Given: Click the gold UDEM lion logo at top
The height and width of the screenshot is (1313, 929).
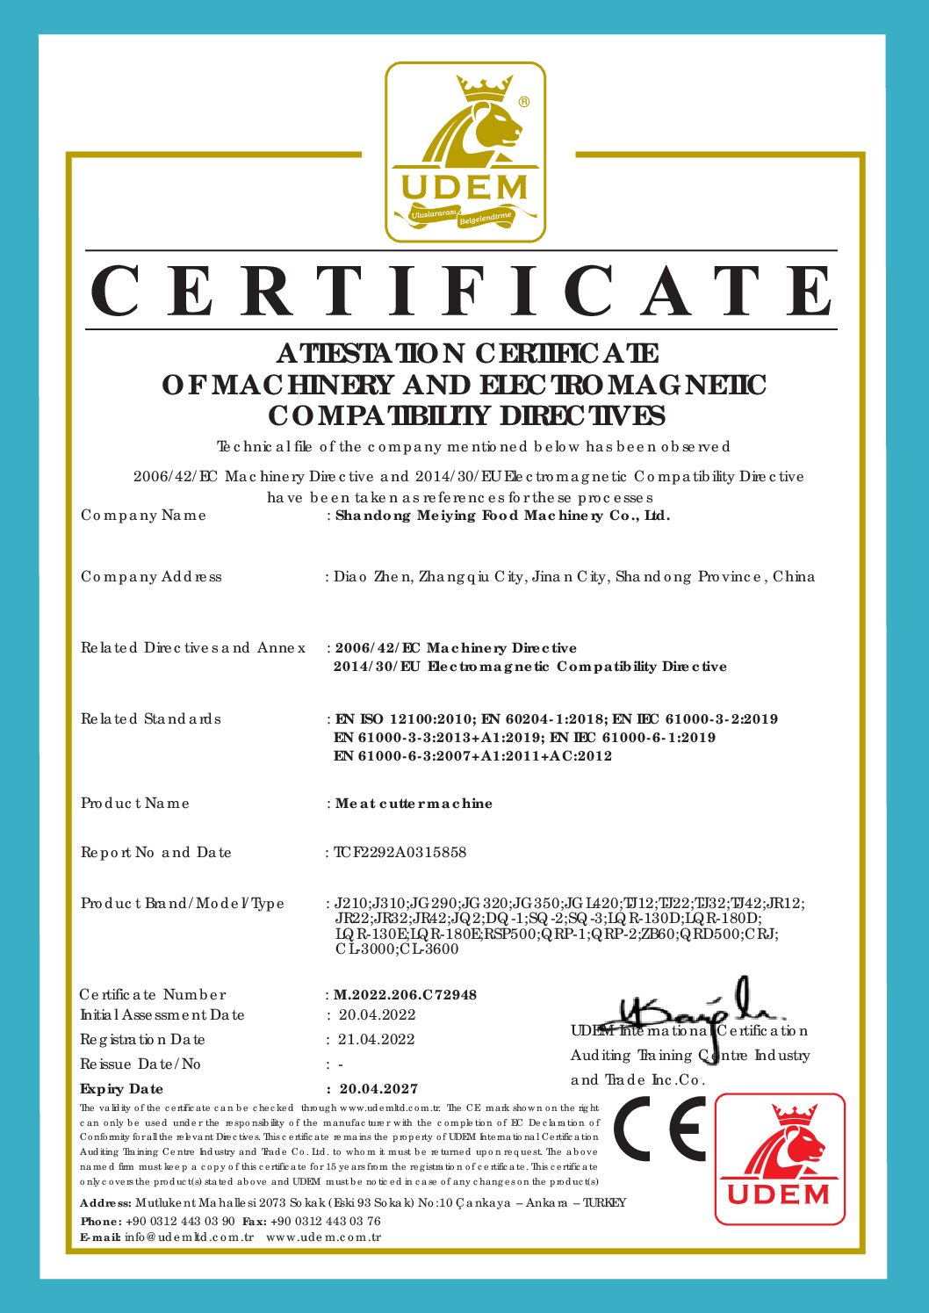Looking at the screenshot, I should click(x=465, y=152).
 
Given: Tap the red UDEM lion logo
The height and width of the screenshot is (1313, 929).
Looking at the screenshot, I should click(x=780, y=1158).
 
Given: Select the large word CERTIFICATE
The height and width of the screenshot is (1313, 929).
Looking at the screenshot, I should click(x=463, y=291).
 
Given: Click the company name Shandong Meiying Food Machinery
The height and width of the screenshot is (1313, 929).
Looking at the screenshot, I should click(x=502, y=516).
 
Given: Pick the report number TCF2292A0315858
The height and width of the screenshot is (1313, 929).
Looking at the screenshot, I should click(x=400, y=852).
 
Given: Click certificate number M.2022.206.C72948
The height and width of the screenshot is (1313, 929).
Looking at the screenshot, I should click(x=406, y=994).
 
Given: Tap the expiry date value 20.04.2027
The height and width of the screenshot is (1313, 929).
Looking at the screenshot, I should click(x=378, y=1088).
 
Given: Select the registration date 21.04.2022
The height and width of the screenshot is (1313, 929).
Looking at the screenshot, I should click(x=377, y=1039).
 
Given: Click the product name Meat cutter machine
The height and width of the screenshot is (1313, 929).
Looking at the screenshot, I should click(x=414, y=804).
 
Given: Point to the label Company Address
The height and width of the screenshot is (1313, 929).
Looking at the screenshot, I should click(x=151, y=577).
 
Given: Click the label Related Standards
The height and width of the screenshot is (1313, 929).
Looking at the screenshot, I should click(x=151, y=719).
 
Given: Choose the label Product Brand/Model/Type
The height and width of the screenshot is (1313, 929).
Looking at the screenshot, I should click(x=183, y=903).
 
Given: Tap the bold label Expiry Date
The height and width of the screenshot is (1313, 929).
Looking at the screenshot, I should click(x=121, y=1088).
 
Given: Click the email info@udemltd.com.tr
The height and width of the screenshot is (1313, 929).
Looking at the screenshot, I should click(x=189, y=1237).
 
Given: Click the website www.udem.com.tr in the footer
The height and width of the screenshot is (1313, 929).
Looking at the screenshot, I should click(x=323, y=1237).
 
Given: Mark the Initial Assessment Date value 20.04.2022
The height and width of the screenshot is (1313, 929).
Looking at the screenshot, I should click(x=378, y=1014).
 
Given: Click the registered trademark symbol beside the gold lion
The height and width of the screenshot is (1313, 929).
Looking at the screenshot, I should click(x=524, y=102).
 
